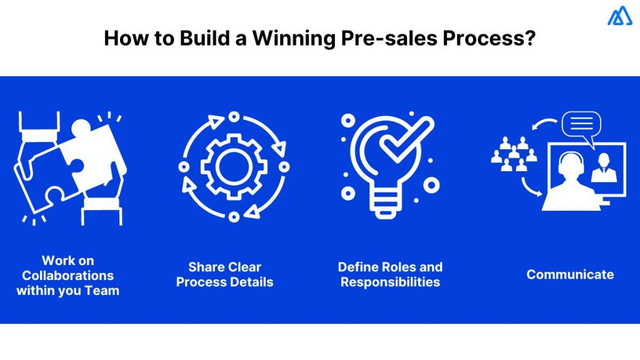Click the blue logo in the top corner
coord(619,16)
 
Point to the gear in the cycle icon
coord(233,167)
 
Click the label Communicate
coord(570,274)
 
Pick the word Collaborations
coord(68,275)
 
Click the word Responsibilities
coord(390,282)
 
